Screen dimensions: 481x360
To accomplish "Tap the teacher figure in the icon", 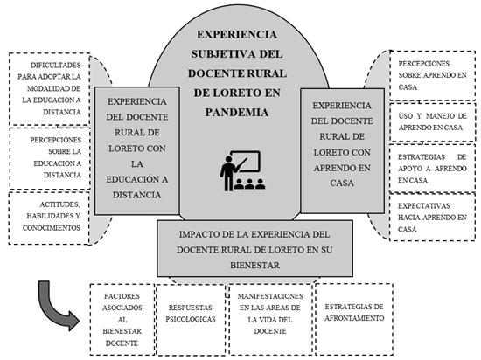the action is pos(227,173).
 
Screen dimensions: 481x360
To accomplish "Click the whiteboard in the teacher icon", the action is pos(246,161).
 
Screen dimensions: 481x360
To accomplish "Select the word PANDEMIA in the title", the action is pos(237,113).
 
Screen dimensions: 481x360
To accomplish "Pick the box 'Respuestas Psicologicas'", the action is pos(191,320).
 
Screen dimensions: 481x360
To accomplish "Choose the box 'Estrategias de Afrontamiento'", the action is pos(354,319).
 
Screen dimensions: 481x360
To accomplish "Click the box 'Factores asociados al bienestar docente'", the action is pos(122,320).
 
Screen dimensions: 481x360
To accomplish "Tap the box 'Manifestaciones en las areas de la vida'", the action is pos(270,320).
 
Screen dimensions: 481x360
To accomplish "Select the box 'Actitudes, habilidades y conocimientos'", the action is pos(49,218).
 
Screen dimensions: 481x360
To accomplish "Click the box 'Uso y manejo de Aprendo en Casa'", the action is pos(433,122).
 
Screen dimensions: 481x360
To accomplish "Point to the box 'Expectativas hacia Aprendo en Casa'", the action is pos(433,217).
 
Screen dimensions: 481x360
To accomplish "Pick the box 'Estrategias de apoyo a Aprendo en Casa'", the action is pos(433,169).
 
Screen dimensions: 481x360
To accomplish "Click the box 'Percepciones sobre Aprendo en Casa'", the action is pos(433,75).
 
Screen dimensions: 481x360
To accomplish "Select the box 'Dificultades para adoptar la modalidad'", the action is pos(49,89).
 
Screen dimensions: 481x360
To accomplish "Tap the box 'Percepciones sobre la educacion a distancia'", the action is pos(50,158).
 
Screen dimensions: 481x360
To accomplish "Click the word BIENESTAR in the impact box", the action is pos(254,265).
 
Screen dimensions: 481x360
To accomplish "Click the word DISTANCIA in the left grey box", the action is pos(136,195).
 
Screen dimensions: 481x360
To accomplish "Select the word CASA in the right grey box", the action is pos(342,183).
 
